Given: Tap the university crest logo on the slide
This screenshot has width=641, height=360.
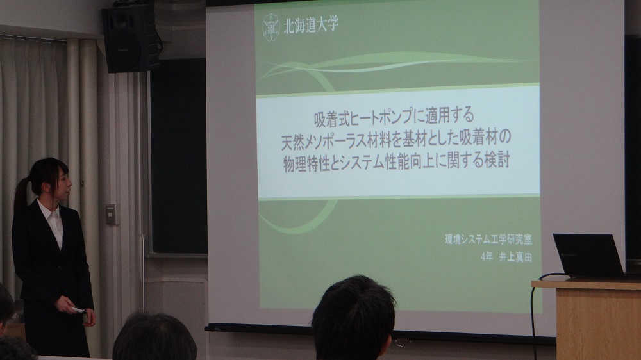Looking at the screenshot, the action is coord(271,26).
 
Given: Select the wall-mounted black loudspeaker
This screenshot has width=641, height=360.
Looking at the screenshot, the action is coord(131,38).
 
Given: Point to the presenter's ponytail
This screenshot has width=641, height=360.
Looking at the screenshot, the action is coord(22,196).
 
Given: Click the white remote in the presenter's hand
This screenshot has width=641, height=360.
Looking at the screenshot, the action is coord(76,310).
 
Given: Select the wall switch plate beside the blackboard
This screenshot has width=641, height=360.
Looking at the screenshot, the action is coord(111,214).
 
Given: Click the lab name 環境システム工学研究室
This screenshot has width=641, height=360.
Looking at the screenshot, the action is coord(488,240).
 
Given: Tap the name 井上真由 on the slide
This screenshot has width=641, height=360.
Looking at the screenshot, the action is coord(515,258).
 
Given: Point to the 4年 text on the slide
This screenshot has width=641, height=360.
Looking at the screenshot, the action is coord(487,258).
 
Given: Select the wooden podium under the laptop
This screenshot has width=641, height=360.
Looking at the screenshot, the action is coord(593,320).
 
